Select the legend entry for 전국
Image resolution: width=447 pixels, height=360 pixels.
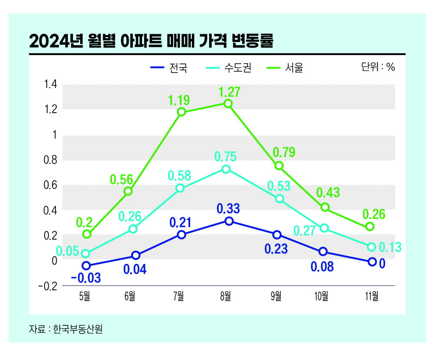[169, 68]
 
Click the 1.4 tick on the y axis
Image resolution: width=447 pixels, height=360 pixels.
[51, 84]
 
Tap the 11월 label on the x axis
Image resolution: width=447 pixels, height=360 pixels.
[372, 296]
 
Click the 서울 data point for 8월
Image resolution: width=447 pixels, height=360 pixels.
[228, 104]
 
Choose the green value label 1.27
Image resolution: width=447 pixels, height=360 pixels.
[229, 92]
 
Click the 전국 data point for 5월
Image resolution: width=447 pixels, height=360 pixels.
[86, 266]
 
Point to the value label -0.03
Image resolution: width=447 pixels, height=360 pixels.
[86, 278]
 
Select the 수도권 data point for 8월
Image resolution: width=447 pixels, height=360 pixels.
[226, 169]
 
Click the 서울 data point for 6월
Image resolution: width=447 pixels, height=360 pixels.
[128, 191]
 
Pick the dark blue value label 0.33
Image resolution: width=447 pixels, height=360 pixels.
[229, 209]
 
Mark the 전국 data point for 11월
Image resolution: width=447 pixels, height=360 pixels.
[372, 262]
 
